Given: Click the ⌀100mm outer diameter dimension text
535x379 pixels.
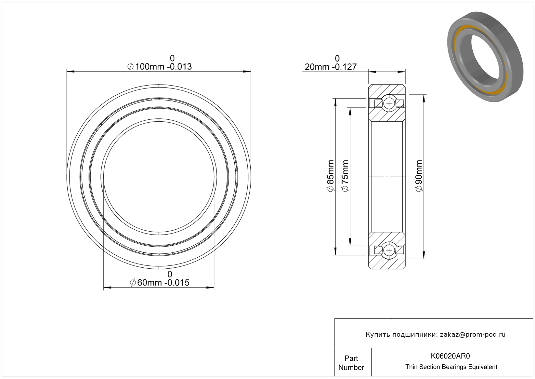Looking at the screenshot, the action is coord(160,66).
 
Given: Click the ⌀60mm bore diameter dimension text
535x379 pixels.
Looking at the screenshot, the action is coord(159,283).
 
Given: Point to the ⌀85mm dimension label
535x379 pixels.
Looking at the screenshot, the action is coord(330,176).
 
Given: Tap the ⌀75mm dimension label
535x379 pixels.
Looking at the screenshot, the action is coord(345,176).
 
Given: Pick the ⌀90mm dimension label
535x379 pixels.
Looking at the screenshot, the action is coord(419,176).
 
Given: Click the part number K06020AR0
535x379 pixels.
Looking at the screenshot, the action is coord(450,356).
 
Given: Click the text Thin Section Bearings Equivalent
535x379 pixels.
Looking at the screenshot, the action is coord(451,367).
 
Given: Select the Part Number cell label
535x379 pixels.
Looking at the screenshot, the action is coord(351,363).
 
